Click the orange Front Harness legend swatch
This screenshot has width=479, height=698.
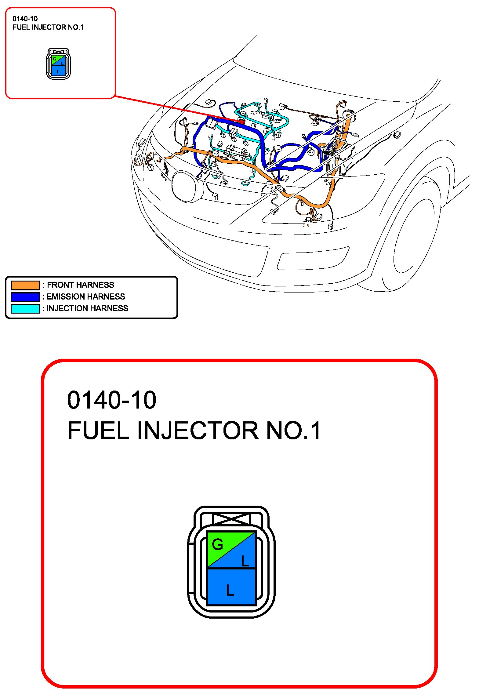tap(25, 285)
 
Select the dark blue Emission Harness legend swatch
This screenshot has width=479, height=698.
tap(25, 297)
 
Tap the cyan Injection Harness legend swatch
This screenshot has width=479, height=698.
tap(25, 309)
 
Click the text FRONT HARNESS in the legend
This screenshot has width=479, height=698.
tap(80, 285)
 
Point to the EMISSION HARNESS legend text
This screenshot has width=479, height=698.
tap(85, 296)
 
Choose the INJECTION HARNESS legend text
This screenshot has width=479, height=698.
tap(87, 308)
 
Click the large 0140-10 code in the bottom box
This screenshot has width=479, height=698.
tap(111, 400)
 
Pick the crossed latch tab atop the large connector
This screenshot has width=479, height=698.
tap(231, 519)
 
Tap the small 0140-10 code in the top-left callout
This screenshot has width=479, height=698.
tap(25, 19)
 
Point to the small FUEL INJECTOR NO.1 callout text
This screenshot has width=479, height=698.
tap(48, 27)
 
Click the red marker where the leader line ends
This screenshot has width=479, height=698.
tap(241, 122)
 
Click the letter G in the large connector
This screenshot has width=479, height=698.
tap(217, 545)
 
